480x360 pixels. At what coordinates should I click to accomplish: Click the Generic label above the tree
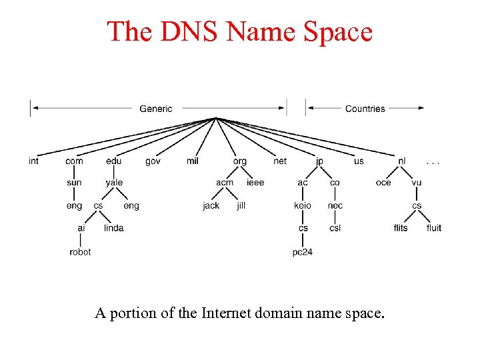tap(156, 109)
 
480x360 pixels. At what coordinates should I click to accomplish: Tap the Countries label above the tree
tap(365, 109)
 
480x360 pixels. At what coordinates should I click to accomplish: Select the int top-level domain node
tap(33, 161)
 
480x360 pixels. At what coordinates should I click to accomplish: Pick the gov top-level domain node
tap(153, 161)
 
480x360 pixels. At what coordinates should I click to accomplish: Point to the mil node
tap(193, 161)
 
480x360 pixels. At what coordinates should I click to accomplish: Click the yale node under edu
tap(114, 183)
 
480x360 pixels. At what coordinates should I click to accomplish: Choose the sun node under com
tap(74, 183)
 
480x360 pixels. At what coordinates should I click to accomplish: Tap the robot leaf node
tap(80, 252)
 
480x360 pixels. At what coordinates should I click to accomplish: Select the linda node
tap(114, 228)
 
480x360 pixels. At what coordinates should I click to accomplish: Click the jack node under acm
tap(211, 205)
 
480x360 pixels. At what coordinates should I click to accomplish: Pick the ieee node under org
tap(255, 183)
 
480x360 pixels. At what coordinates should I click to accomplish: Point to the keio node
tap(303, 205)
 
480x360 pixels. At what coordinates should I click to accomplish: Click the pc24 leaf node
tap(303, 252)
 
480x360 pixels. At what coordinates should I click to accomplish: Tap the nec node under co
tap(335, 205)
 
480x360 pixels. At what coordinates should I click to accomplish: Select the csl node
tap(335, 228)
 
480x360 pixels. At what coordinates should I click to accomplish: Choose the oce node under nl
tap(383, 183)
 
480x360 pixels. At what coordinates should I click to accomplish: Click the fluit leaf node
tap(434, 228)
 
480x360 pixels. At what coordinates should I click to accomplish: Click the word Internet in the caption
tap(227, 313)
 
